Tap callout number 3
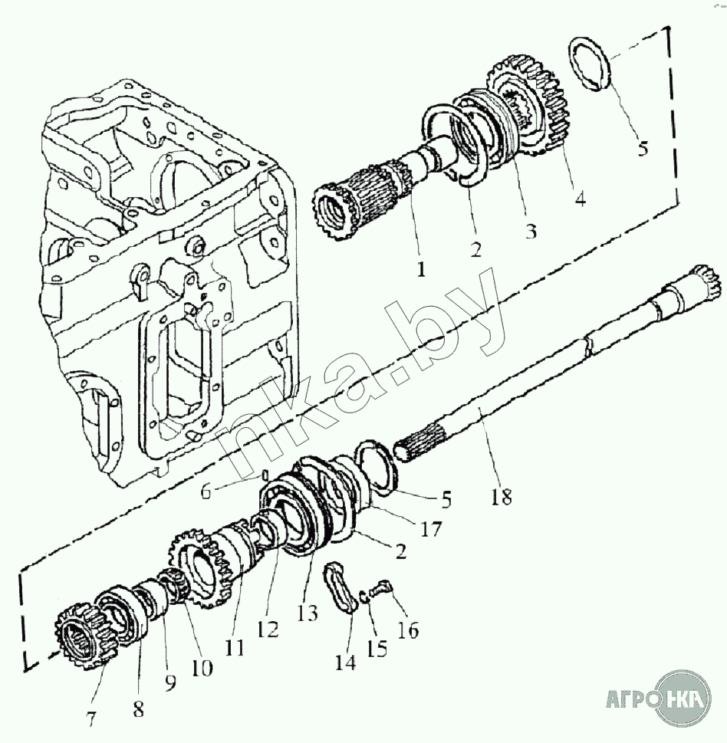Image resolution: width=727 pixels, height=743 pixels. tap(531, 231)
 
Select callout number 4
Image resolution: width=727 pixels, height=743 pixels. tap(580, 199)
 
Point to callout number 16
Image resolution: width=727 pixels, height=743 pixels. tap(407, 630)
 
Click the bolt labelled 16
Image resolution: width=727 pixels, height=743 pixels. tap(382, 590)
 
